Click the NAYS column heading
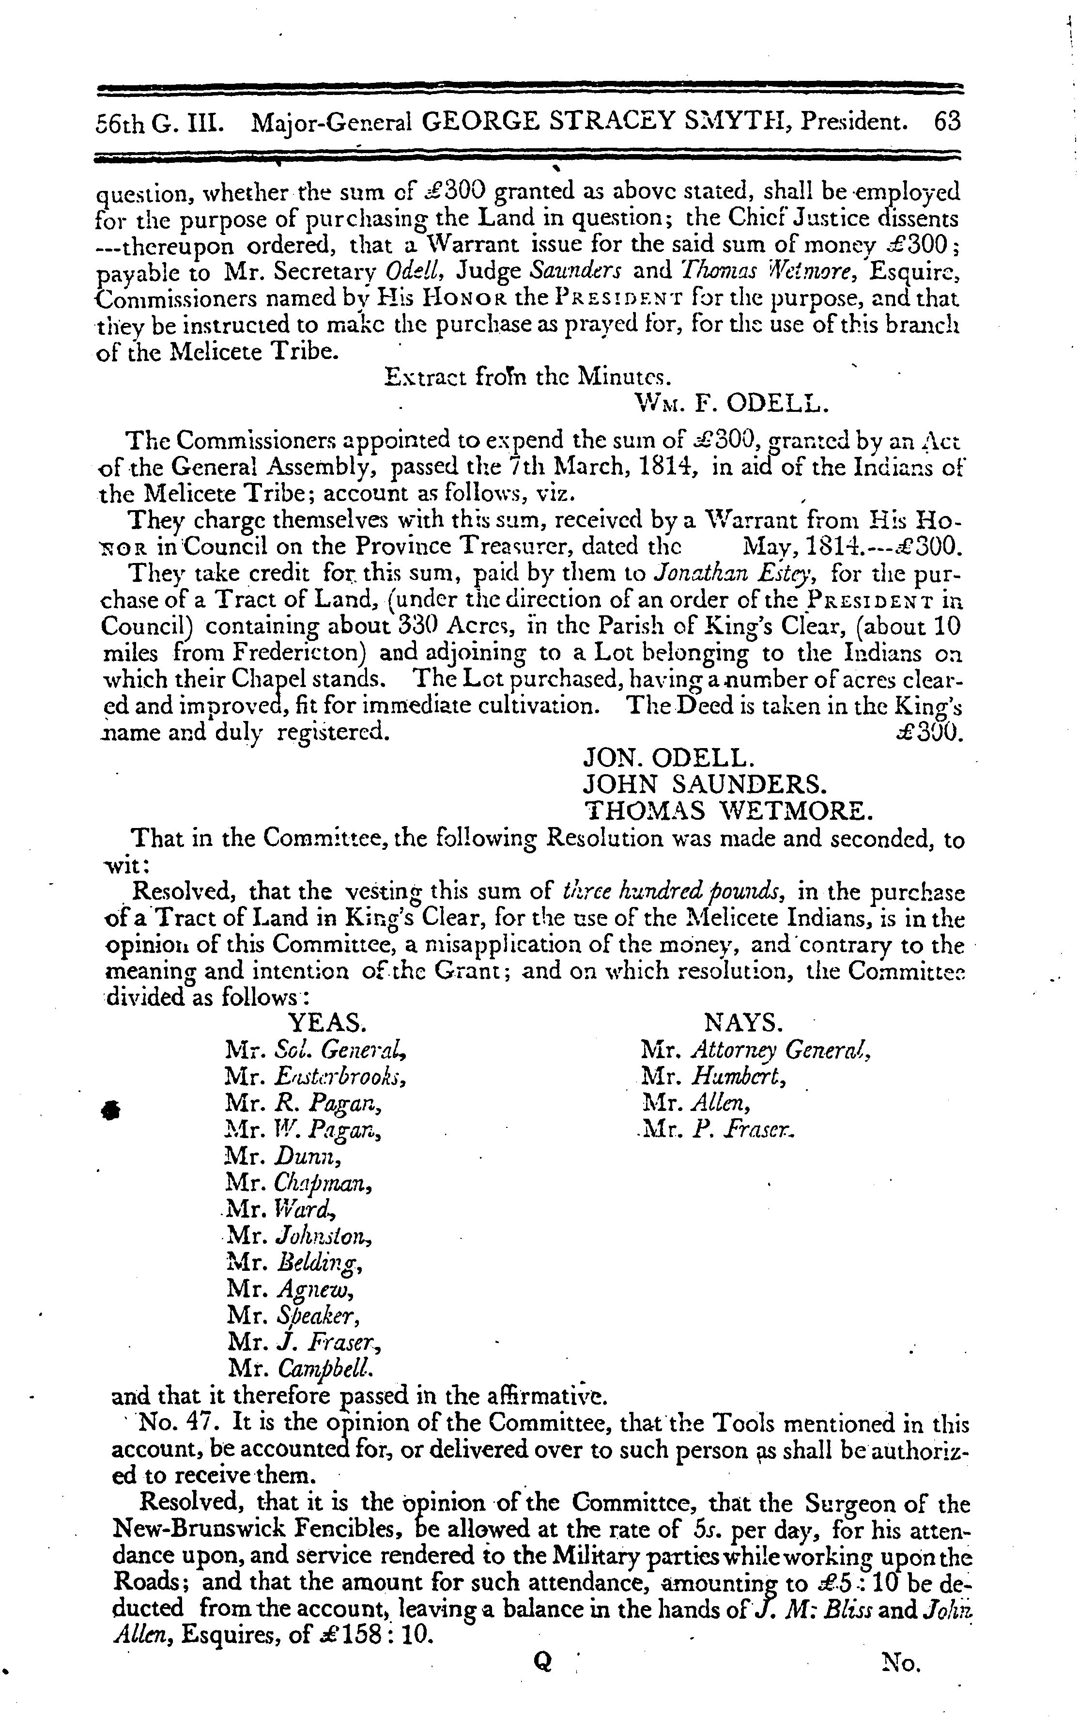(x=743, y=1023)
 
